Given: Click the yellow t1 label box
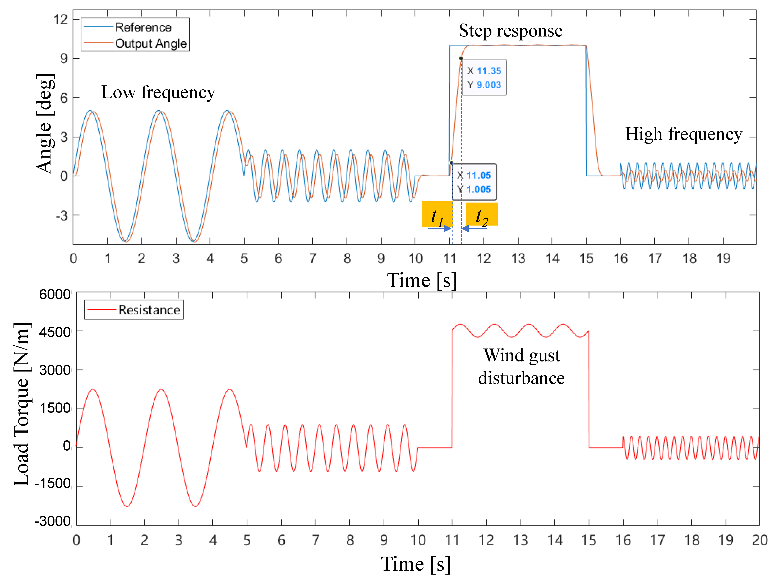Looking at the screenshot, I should click(x=437, y=214).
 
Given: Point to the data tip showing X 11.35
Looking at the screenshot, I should click(x=484, y=77).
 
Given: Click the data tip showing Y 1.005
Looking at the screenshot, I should click(x=474, y=182).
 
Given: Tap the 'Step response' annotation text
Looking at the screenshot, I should click(x=510, y=30).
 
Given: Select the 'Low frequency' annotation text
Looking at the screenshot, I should click(x=158, y=92).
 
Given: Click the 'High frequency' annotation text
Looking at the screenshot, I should click(x=683, y=134).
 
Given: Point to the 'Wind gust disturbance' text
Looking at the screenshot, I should click(x=521, y=366).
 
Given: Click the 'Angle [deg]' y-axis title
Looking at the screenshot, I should click(x=45, y=123).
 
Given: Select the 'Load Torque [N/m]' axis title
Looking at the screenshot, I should click(x=22, y=404).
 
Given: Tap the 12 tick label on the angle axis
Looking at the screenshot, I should click(x=61, y=19).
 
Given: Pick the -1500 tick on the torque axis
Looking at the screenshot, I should click(x=53, y=483).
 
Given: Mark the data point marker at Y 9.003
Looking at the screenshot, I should click(x=461, y=58).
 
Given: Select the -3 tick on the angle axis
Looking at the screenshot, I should click(x=62, y=216).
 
